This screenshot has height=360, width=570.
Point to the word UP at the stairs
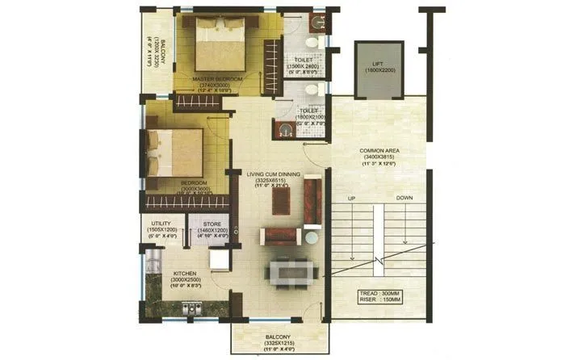coord(351,198)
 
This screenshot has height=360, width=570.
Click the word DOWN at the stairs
coord(406,198)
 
